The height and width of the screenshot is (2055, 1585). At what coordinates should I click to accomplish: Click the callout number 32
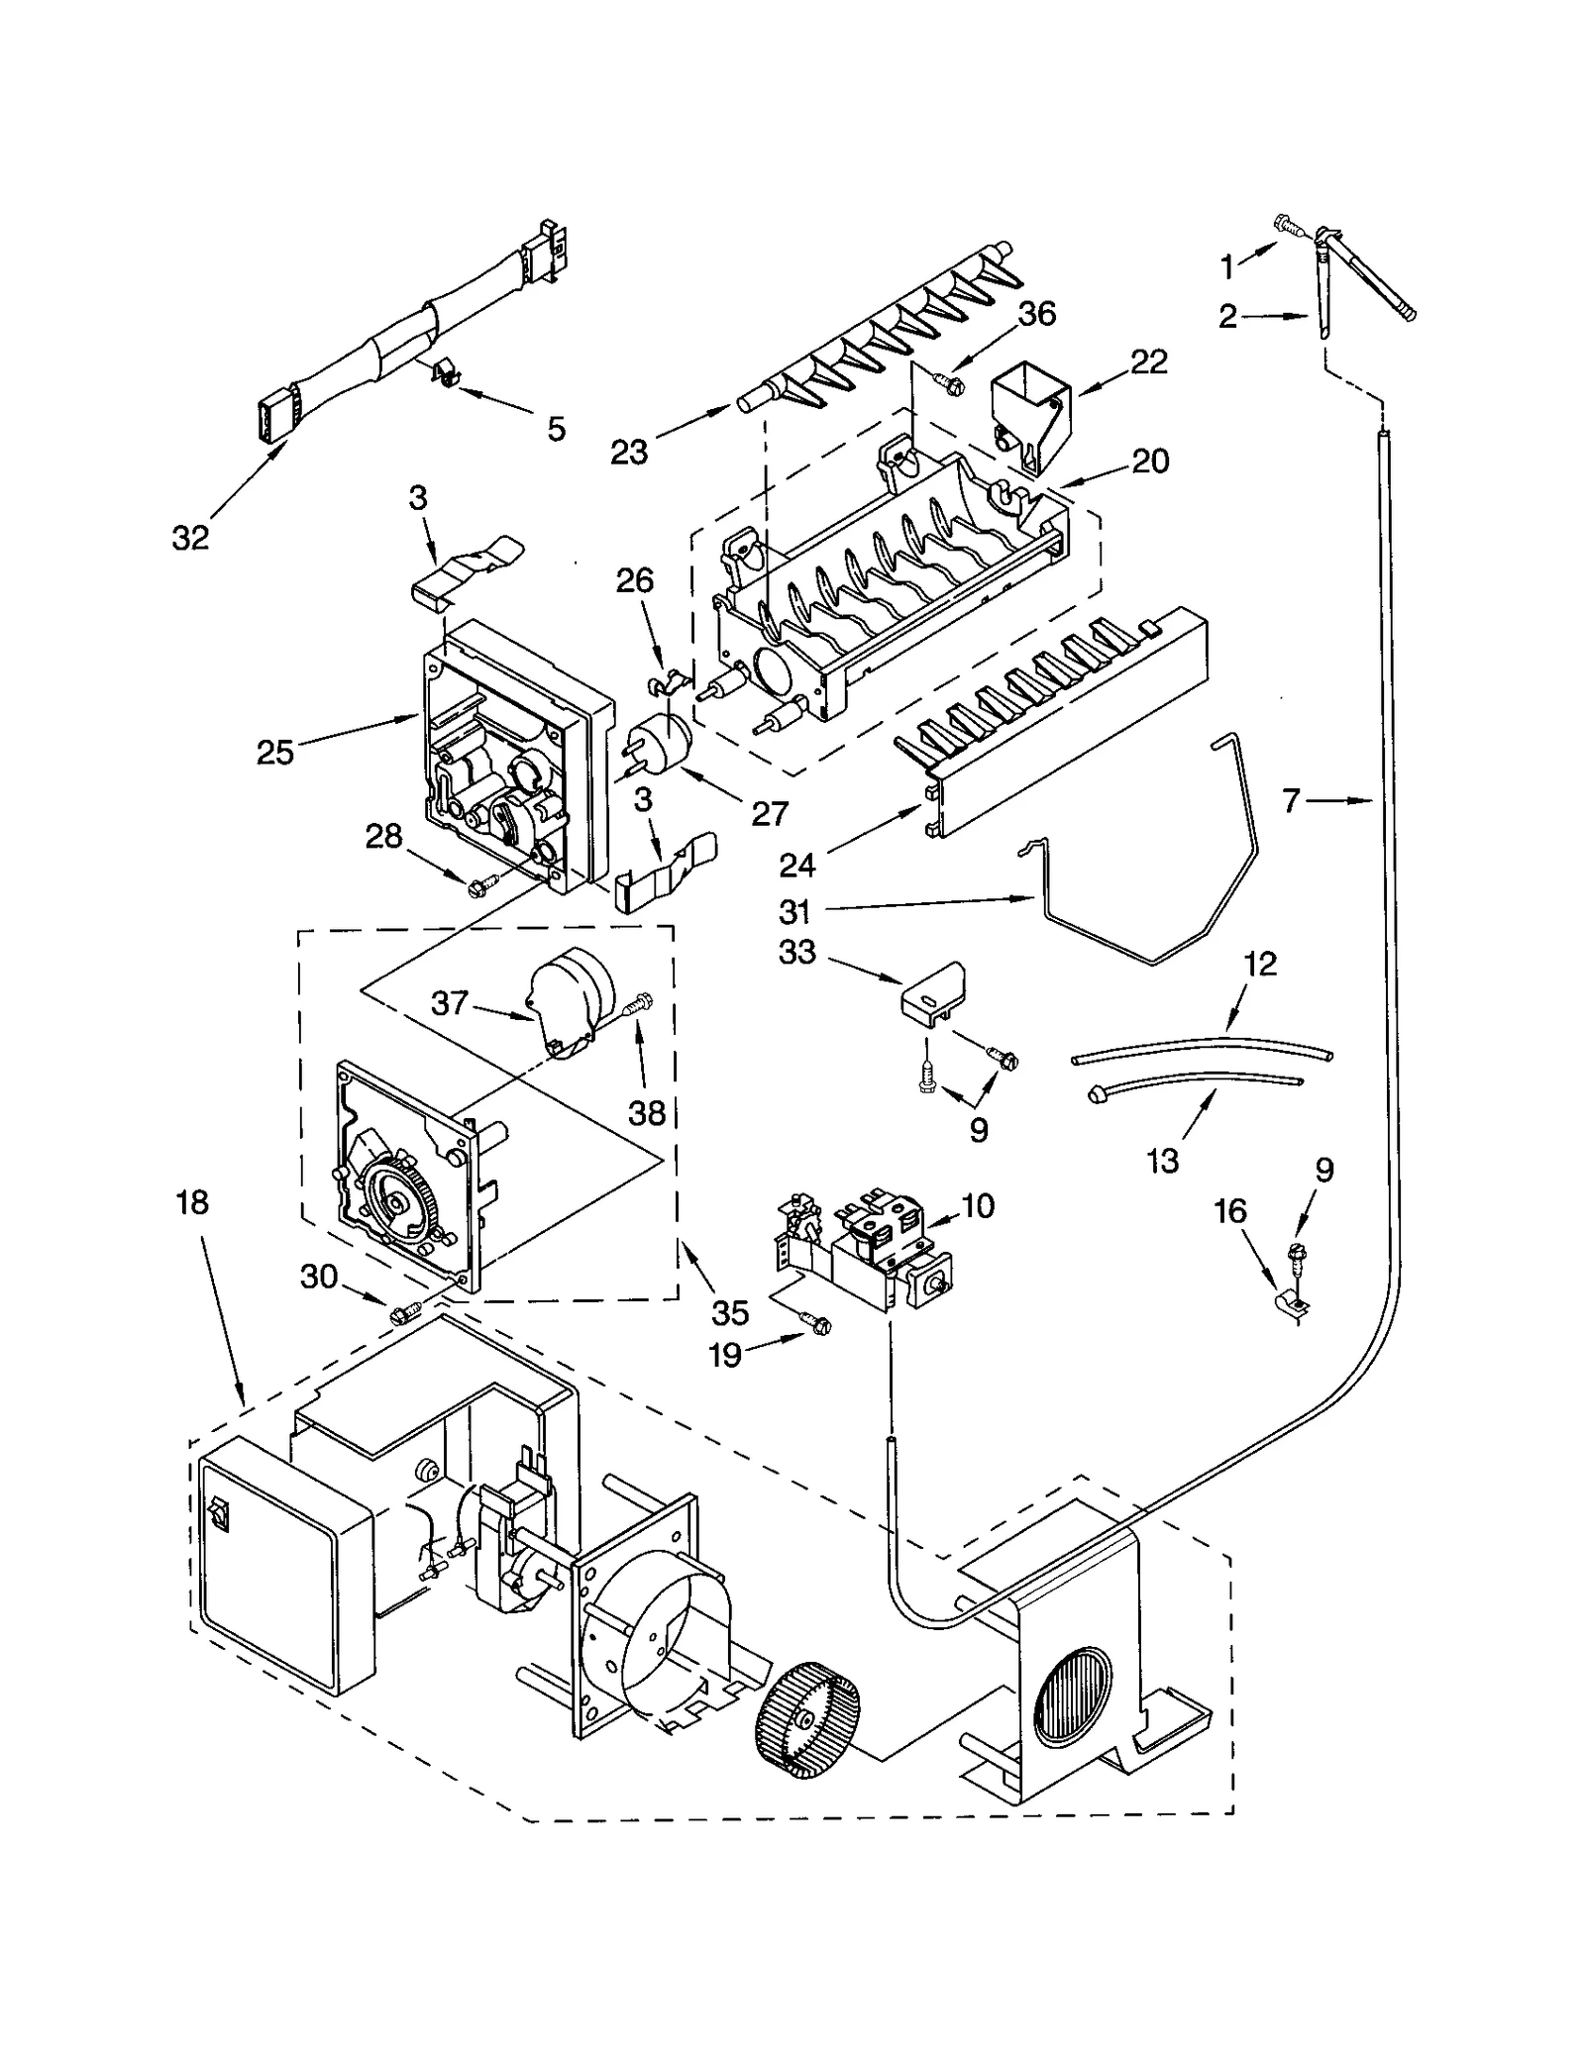190,538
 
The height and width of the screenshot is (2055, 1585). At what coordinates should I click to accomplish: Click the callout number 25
274,753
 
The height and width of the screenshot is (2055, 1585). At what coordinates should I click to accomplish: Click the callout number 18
192,1202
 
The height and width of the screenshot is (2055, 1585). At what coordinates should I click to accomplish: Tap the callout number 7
1290,800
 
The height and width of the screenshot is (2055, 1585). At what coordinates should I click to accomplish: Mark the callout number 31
794,911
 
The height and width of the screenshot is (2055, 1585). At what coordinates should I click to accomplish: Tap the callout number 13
1163,1160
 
